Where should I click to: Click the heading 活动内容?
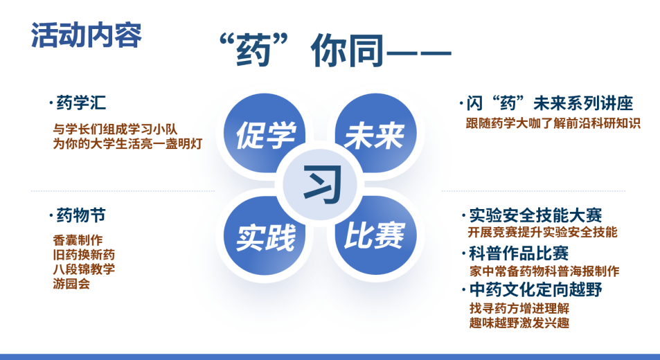(x=87, y=35)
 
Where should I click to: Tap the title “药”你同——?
(x=335, y=50)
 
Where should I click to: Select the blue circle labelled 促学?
(x=265, y=134)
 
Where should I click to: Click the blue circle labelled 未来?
(x=375, y=134)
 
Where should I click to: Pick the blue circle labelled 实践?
(x=265, y=236)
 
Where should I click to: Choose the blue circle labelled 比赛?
(x=375, y=236)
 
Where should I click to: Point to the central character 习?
(x=322, y=184)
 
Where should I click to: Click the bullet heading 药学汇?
(x=81, y=103)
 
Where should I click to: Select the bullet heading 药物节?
(x=81, y=215)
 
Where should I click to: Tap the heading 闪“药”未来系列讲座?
(x=550, y=103)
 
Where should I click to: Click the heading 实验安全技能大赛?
(x=535, y=215)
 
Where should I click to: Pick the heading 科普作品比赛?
(x=519, y=253)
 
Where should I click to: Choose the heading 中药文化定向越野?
(x=535, y=289)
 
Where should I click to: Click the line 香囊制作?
(x=78, y=240)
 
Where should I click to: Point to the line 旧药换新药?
(x=84, y=255)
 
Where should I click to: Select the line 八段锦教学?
(x=84, y=269)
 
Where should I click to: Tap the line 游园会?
(x=71, y=284)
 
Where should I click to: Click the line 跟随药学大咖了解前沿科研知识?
(x=553, y=123)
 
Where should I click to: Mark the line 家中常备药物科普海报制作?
(x=544, y=271)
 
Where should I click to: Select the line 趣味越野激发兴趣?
(x=519, y=323)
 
